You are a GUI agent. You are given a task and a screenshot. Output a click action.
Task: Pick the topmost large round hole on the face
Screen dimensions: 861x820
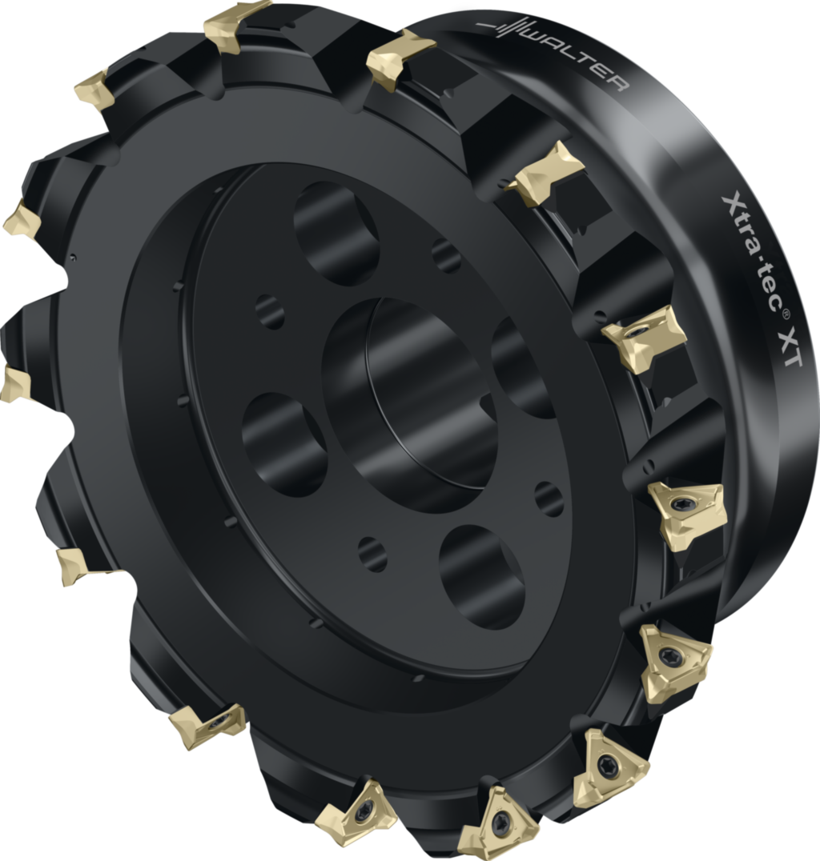point(336,231)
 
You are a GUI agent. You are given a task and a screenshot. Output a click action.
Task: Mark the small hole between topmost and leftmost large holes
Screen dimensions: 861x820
point(270,311)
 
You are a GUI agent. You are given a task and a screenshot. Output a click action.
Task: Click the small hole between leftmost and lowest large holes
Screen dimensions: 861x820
point(372,554)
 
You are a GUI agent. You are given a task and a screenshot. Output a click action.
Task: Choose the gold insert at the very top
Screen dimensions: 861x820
point(236,25)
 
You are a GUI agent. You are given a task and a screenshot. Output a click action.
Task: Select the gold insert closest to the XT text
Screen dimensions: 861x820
point(645,336)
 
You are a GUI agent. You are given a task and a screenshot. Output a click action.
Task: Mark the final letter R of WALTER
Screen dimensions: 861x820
point(621,84)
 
